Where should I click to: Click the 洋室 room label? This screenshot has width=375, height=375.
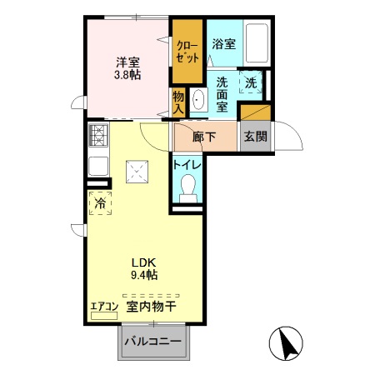[127, 62]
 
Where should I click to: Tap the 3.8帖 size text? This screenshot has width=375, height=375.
[127, 75]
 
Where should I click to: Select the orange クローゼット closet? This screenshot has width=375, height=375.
[187, 52]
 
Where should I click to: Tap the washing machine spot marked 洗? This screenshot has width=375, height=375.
[251, 82]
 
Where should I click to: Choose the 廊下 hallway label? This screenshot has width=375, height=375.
[205, 137]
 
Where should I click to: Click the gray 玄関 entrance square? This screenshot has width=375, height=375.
[255, 137]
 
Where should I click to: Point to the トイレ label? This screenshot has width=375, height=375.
[187, 164]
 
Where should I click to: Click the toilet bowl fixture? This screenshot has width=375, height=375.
[188, 186]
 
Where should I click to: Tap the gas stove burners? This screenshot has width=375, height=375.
[98, 133]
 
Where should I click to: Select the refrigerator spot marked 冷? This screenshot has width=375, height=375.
[100, 202]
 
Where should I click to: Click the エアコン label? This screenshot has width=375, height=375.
[104, 307]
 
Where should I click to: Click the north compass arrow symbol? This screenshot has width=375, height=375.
[287, 343]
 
